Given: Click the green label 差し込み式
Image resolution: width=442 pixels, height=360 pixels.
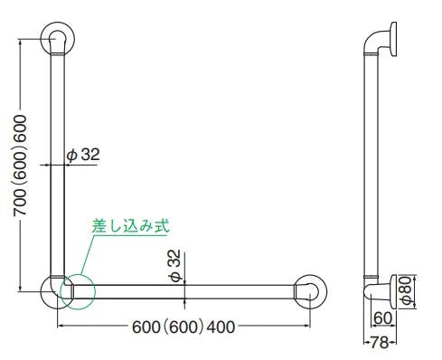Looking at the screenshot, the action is [130, 226].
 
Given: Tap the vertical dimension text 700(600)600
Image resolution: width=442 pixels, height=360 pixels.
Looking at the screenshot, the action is [20, 166].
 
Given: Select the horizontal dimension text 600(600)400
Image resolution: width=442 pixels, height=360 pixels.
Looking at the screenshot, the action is [183, 327].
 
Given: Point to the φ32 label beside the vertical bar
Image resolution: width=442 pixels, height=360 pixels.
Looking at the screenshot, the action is [83, 155].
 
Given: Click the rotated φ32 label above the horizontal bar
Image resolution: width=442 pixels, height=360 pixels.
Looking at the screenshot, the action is [175, 266].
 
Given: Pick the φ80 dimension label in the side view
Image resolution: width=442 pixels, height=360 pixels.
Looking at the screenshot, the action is [407, 290].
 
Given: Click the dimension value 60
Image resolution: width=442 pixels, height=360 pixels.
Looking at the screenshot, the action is [382, 317].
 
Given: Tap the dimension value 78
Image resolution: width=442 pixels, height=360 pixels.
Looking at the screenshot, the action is [380, 343].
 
